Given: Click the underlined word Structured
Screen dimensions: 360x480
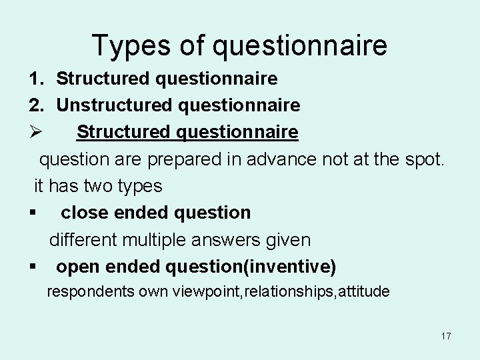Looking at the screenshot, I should point(123,132).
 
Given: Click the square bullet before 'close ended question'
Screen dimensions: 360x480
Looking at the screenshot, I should point(32,213).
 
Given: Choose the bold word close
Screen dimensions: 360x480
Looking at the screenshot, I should point(84,213).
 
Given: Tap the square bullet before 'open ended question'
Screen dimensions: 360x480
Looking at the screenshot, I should point(32,267).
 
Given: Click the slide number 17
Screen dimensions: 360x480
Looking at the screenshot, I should point(445,336).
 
